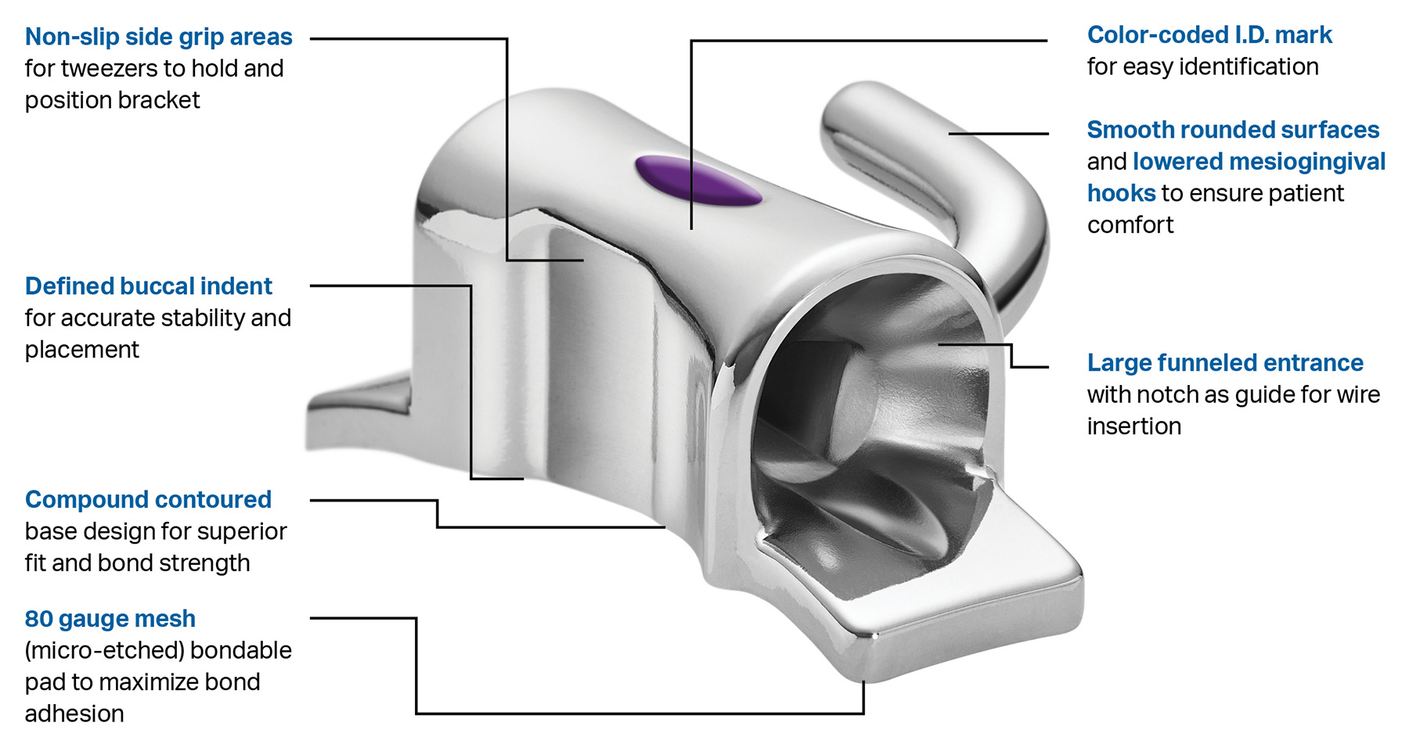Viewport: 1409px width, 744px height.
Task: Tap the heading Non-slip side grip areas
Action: (x=158, y=37)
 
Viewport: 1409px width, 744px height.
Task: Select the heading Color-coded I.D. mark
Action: (x=1209, y=35)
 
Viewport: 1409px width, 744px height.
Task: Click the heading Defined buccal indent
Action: (x=148, y=286)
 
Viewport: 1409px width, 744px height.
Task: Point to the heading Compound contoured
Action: (x=148, y=500)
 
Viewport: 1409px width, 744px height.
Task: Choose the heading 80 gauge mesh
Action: (x=110, y=619)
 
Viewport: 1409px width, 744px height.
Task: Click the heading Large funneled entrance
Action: (x=1224, y=363)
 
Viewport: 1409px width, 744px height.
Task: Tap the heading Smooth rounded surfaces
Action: (x=1232, y=130)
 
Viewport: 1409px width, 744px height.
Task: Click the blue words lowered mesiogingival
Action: (x=1259, y=162)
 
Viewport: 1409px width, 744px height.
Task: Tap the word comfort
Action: (x=1130, y=225)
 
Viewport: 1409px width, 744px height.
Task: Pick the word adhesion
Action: (x=74, y=714)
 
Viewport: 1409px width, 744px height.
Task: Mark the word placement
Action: (x=81, y=350)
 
